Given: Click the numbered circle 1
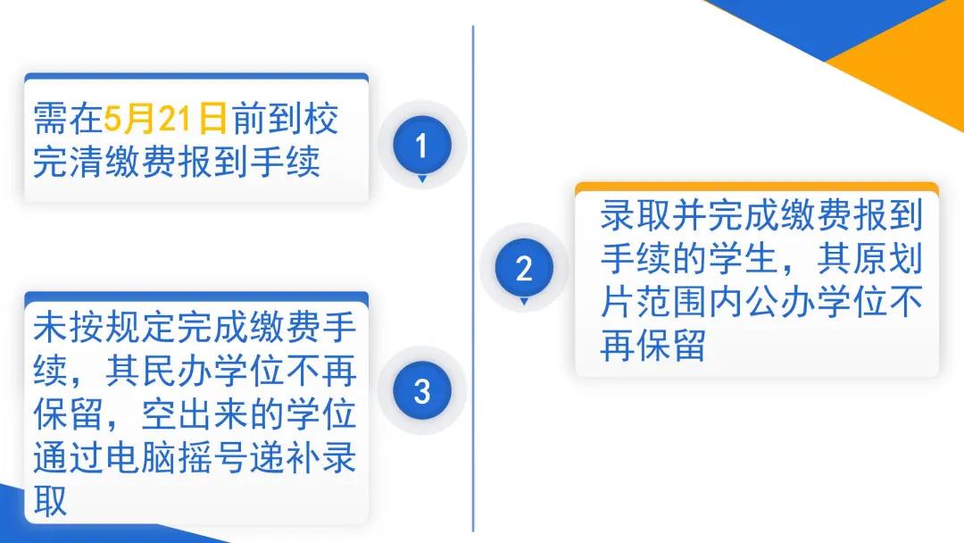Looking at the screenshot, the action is click(421, 146).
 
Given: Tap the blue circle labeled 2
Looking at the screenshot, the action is click(524, 268).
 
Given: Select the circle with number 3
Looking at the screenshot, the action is click(421, 390).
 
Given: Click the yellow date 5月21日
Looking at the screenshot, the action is click(166, 119).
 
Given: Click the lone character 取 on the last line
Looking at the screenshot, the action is click(50, 500).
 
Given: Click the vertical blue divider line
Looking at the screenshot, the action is click(473, 279).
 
